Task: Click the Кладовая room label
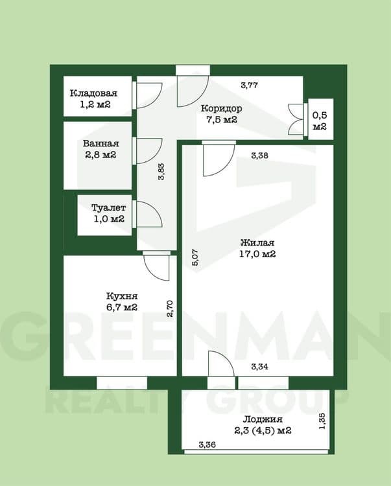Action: (x=93, y=93)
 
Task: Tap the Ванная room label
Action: (x=101, y=143)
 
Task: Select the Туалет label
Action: (x=108, y=207)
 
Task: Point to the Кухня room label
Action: (x=122, y=296)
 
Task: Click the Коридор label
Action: (x=221, y=108)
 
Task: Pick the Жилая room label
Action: (x=257, y=242)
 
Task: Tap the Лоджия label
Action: (x=263, y=419)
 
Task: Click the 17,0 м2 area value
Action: (x=257, y=254)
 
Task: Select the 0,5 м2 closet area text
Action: (x=320, y=121)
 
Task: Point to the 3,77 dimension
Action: (x=249, y=85)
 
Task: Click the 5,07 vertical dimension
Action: (x=196, y=257)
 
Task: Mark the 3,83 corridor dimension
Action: (x=161, y=172)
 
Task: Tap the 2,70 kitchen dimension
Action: (x=170, y=308)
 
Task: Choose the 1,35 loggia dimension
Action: (x=322, y=421)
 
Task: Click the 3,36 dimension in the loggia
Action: (x=207, y=445)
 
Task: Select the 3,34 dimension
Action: (x=260, y=367)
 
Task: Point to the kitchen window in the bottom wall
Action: (x=122, y=383)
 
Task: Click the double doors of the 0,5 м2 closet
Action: (x=297, y=119)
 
